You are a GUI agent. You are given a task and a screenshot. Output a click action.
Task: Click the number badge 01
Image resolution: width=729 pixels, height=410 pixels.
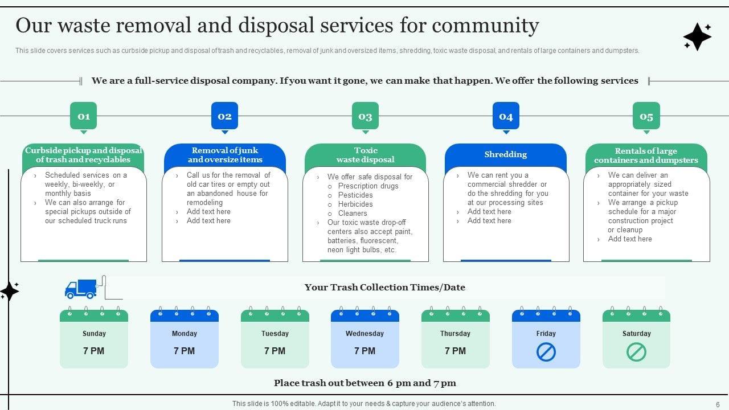[x=84, y=116]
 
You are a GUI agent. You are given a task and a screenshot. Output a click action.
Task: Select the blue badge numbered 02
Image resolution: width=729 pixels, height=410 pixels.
[x=224, y=116]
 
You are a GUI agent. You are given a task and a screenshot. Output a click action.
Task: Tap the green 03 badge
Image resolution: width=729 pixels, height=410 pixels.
[x=365, y=116]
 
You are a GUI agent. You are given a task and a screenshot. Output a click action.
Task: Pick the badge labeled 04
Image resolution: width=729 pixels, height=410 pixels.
[x=506, y=116]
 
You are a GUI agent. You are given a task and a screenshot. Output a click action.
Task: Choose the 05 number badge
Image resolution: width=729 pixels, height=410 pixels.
[x=646, y=116]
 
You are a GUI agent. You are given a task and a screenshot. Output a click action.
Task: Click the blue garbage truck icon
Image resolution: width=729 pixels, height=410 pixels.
[x=81, y=289]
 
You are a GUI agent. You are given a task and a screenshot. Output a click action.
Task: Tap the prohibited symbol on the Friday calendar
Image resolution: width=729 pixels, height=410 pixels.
[x=546, y=352]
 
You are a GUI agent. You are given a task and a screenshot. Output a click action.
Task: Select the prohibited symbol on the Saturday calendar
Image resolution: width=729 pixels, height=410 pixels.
[x=636, y=352]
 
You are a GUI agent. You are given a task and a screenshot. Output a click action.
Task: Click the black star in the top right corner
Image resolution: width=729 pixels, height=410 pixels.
[x=697, y=37]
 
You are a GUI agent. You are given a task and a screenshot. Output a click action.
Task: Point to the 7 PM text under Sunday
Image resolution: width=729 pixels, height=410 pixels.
[x=94, y=351]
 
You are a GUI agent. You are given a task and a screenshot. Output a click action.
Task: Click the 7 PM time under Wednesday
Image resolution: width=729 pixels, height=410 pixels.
[x=364, y=351]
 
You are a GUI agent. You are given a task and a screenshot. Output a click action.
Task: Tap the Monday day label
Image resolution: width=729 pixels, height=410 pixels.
[x=184, y=334]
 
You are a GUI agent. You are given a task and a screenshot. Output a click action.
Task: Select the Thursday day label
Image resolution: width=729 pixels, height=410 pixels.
[x=455, y=334]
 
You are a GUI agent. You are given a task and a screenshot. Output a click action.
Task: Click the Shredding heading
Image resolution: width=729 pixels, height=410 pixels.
[x=505, y=154]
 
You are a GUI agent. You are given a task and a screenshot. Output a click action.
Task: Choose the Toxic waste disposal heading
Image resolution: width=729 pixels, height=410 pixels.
[x=365, y=155]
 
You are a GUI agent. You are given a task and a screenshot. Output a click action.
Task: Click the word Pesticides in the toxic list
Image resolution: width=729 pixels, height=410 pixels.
[x=355, y=195]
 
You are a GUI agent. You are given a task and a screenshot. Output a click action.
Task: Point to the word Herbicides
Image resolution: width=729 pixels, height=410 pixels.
[x=355, y=204]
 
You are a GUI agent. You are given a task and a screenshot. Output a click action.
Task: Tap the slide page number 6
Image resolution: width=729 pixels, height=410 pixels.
[x=718, y=404]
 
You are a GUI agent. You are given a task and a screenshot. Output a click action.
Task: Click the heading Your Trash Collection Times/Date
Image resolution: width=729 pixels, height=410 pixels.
[x=384, y=288]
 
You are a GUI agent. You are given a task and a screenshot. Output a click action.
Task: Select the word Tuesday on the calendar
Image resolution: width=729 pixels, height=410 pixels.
[x=275, y=334]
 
